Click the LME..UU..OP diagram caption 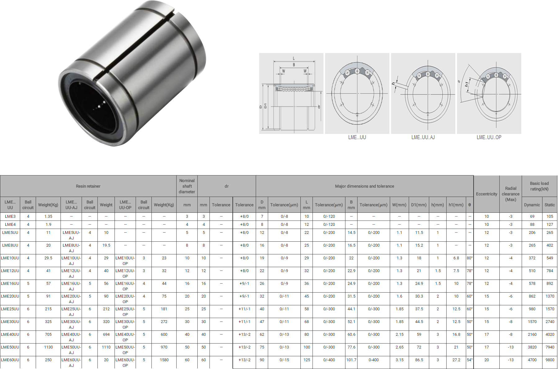tap(489, 137)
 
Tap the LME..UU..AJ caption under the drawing tap(423, 137)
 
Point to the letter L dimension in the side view tap(294, 58)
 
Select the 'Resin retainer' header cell tap(88, 186)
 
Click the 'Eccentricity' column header tap(486, 194)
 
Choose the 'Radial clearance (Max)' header tap(511, 194)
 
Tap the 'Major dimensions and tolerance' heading tap(364, 186)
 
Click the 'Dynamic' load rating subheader tap(532, 205)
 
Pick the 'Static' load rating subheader tap(549, 205)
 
